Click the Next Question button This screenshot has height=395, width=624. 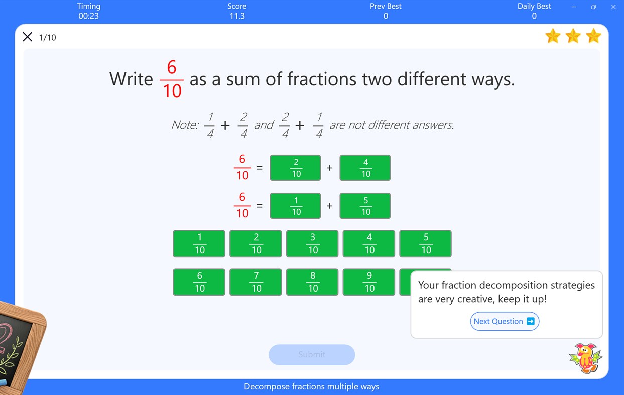coord(505,321)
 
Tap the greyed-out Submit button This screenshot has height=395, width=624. coord(312,354)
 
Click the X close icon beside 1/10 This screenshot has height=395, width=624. coord(28,37)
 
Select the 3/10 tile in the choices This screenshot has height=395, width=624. coord(313,243)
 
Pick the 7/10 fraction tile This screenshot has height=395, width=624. coord(256,282)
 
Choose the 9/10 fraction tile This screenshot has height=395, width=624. coord(369,282)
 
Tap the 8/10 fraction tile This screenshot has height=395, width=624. coord(313,282)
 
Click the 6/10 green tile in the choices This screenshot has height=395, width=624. coord(199,282)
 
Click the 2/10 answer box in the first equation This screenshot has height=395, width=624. coord(295,168)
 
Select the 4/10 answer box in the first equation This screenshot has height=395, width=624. coord(365,168)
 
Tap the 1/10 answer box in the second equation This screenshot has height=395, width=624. coord(295,206)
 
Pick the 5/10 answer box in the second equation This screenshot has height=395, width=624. coord(365,206)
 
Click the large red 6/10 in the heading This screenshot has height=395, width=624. coord(172,79)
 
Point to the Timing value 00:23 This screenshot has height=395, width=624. coord(88,16)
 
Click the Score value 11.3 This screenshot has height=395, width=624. coord(237,16)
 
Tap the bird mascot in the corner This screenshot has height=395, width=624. coord(585,358)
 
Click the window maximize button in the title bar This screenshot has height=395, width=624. coord(593,7)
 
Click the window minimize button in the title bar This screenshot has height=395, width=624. coord(574,7)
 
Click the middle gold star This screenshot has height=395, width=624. coord(573,36)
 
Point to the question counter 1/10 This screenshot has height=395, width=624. coord(48,37)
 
